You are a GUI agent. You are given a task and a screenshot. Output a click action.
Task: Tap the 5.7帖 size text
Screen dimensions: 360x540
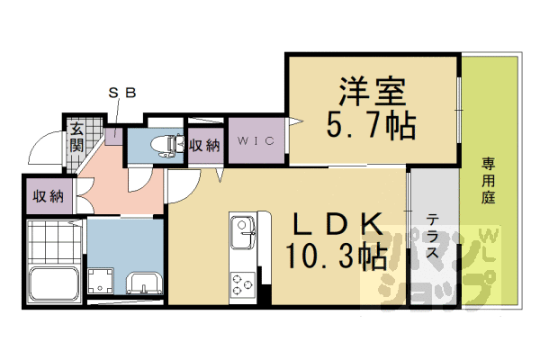point(371,125)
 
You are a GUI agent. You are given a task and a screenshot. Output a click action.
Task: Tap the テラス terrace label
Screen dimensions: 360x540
point(433,237)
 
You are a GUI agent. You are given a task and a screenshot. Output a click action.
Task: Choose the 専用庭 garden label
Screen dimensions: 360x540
point(489,179)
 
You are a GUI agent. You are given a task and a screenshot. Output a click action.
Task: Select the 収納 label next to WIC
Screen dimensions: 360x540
point(203,144)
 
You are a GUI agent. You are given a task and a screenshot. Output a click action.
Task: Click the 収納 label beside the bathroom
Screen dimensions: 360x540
point(48,196)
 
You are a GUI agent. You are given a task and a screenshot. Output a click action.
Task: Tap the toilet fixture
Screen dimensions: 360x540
point(164,145)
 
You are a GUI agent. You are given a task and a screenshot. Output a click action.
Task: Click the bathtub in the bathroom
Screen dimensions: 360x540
point(55,284)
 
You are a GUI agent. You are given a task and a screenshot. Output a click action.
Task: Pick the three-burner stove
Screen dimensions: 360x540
point(243,283)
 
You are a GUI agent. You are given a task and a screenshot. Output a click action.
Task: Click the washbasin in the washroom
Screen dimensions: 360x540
point(144,283)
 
